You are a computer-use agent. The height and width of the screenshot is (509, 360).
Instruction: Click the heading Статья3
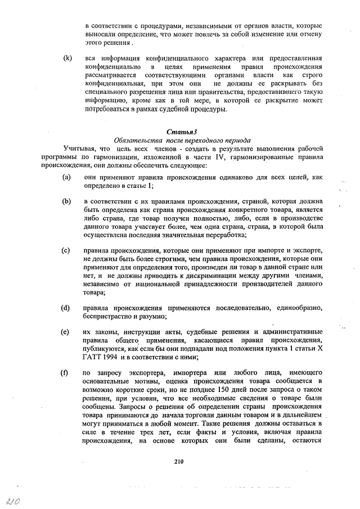pyautogui.click(x=179, y=132)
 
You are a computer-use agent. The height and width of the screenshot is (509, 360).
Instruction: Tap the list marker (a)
pyautogui.click(x=66, y=177)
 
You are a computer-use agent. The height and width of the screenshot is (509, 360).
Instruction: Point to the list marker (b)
pyautogui.click(x=67, y=201)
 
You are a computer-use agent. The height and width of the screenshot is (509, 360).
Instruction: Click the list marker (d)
pyautogui.click(x=67, y=308)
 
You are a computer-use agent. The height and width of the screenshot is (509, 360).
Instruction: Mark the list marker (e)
pyautogui.click(x=66, y=331)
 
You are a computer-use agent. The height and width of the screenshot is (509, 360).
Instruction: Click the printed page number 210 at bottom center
pyautogui.click(x=179, y=462)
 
